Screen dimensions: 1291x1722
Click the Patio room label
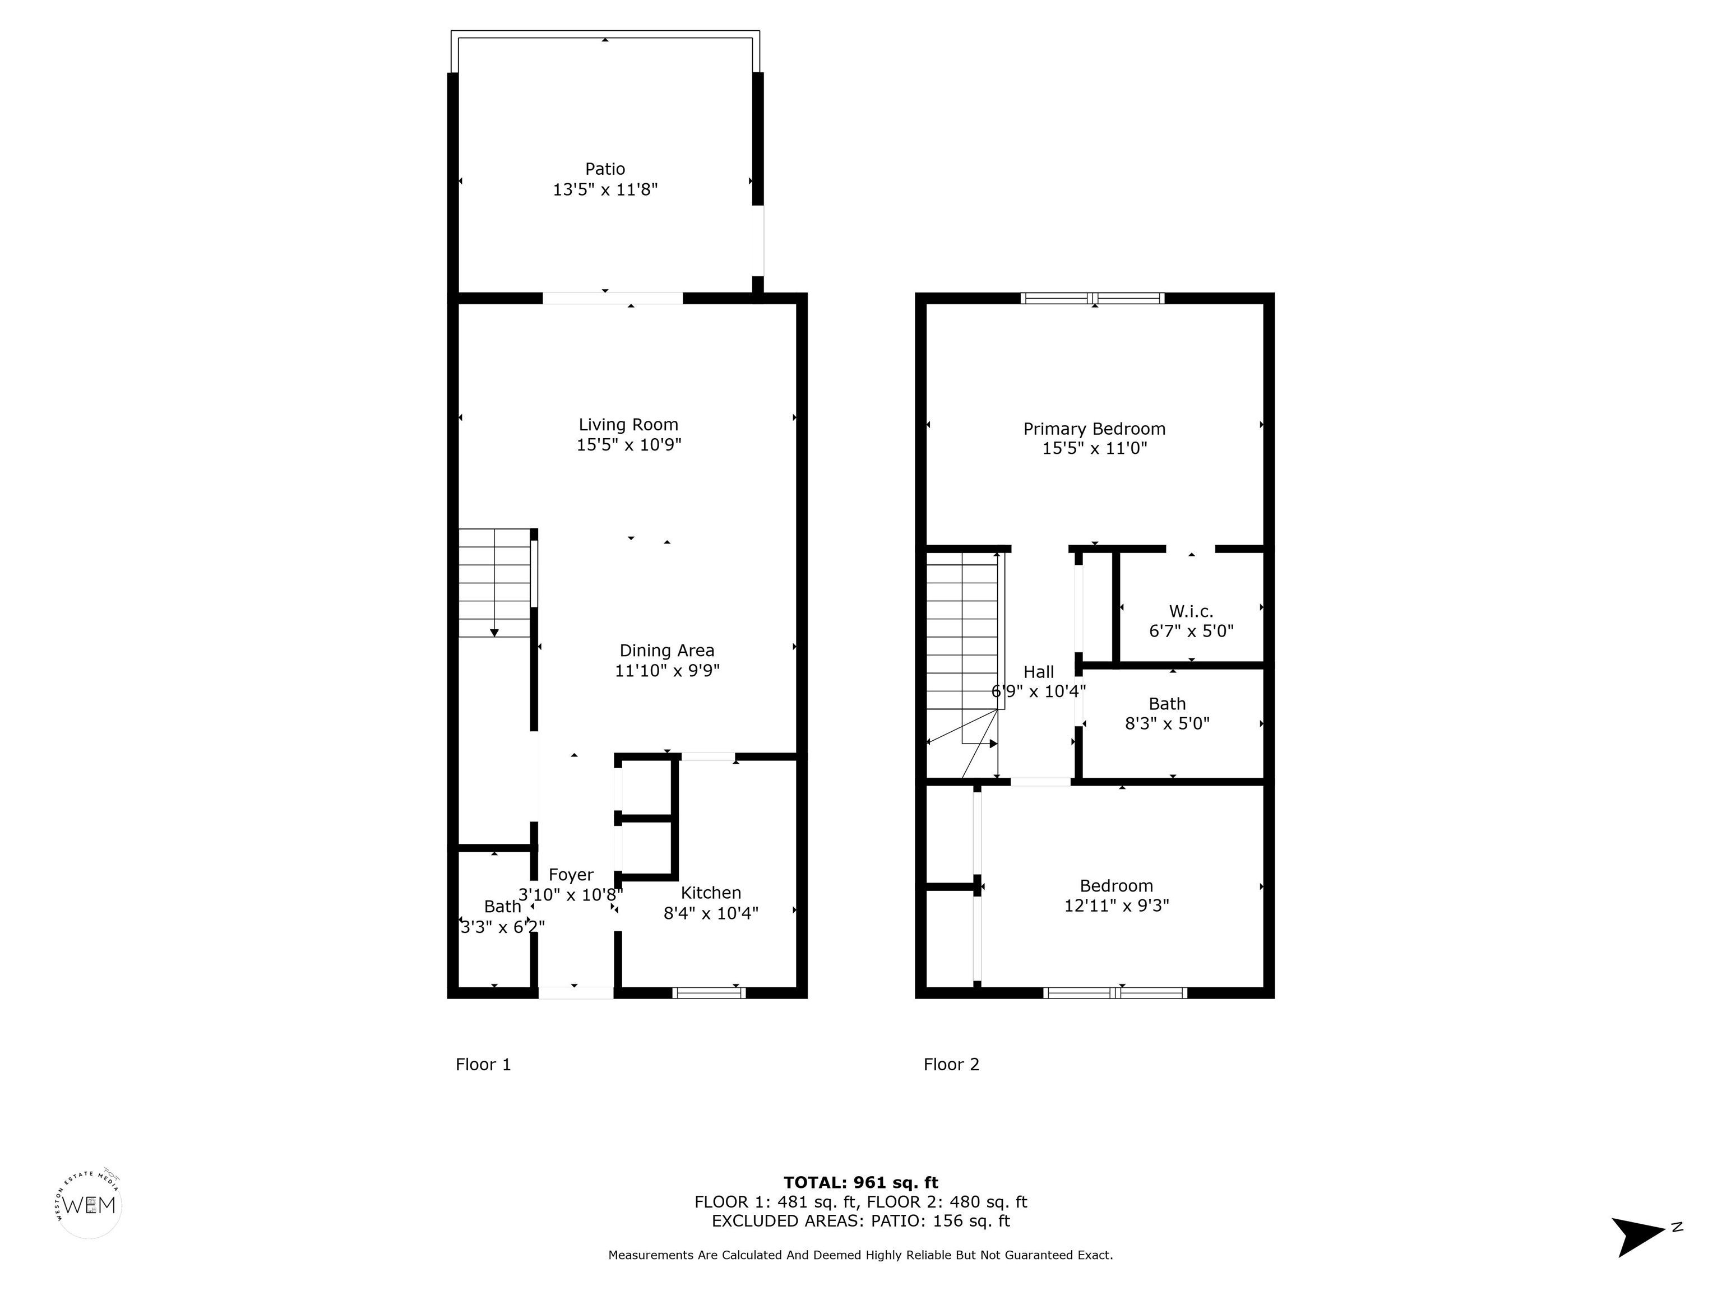605,169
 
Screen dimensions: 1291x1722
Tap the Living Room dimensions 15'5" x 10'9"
628,445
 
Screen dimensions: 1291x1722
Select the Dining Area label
666,651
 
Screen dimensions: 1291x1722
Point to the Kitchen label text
711,893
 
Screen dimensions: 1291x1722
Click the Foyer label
571,875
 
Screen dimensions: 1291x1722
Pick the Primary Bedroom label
1094,429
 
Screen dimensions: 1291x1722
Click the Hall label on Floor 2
1039,672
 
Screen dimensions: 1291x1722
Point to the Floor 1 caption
483,1065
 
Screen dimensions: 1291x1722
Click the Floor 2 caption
951,1065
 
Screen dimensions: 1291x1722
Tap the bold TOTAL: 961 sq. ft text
860,1183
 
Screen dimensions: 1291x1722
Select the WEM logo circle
90,1205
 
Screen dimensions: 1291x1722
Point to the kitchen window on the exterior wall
709,992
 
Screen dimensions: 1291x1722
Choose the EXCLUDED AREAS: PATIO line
860,1221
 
